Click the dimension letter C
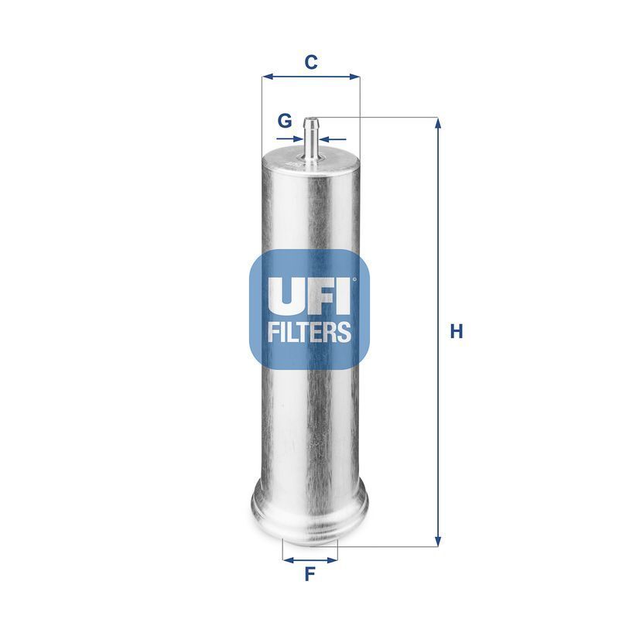(x=310, y=63)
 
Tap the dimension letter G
(x=285, y=121)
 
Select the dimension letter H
(x=457, y=332)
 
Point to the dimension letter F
(x=309, y=574)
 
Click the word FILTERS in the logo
(x=310, y=332)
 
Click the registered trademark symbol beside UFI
(x=354, y=280)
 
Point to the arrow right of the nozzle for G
(x=324, y=139)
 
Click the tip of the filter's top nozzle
(x=312, y=120)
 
